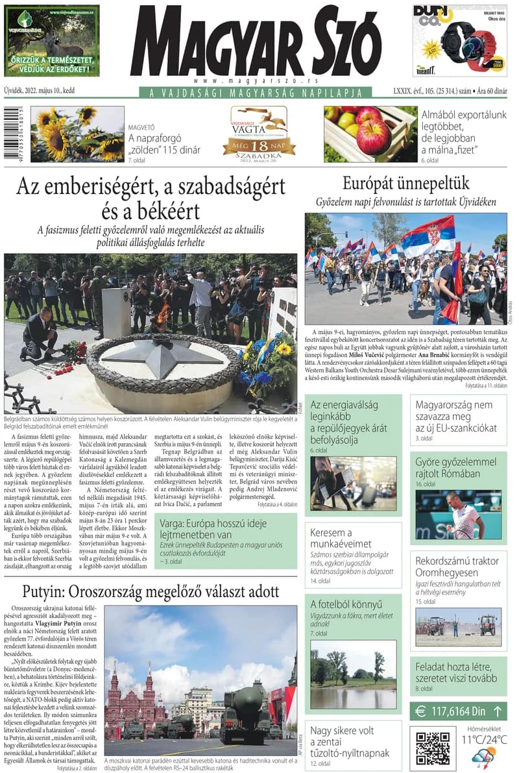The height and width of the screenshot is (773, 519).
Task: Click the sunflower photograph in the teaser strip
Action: (x=77, y=134)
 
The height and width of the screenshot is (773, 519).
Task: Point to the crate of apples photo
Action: (x=370, y=134)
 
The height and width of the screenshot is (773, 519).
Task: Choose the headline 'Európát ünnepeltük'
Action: (x=405, y=182)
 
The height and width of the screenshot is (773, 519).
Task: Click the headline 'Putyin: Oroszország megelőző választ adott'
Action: (x=151, y=592)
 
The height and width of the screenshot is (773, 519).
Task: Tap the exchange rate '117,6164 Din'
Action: (x=458, y=711)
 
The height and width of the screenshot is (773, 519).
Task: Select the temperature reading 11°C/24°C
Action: (x=484, y=739)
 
